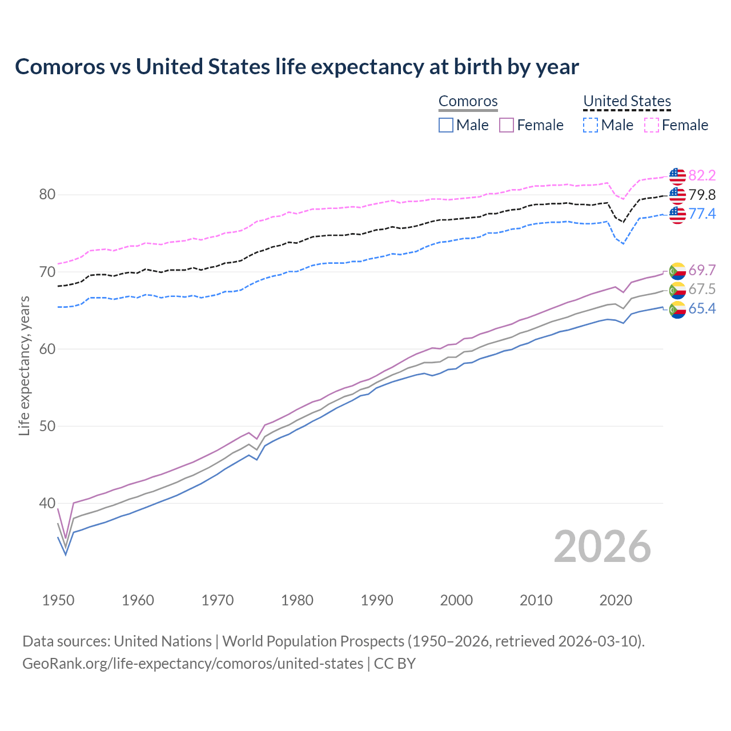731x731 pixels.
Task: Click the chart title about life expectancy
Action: click(x=297, y=67)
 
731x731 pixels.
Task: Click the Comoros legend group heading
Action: click(x=468, y=101)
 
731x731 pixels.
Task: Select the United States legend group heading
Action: click(x=626, y=101)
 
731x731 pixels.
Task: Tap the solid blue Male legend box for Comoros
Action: click(x=446, y=125)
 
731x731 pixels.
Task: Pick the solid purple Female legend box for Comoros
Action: click(x=507, y=125)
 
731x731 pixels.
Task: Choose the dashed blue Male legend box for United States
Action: click(x=591, y=125)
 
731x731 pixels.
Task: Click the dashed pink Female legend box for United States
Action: click(x=652, y=125)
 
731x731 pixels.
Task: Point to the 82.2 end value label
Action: click(x=702, y=175)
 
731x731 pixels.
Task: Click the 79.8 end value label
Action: click(x=702, y=195)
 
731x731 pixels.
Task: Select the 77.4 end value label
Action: click(x=702, y=214)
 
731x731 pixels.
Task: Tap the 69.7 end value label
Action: click(x=702, y=270)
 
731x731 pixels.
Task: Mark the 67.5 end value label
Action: click(x=702, y=289)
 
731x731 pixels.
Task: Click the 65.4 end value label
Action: click(x=702, y=308)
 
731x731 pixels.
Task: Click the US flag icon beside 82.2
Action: click(x=677, y=176)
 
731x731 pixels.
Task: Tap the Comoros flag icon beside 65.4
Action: click(x=677, y=310)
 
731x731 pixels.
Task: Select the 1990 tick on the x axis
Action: click(x=377, y=600)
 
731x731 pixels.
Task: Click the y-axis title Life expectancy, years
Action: click(x=24, y=365)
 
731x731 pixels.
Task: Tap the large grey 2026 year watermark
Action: click(x=602, y=547)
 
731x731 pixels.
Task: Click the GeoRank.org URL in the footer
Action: click(x=192, y=664)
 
